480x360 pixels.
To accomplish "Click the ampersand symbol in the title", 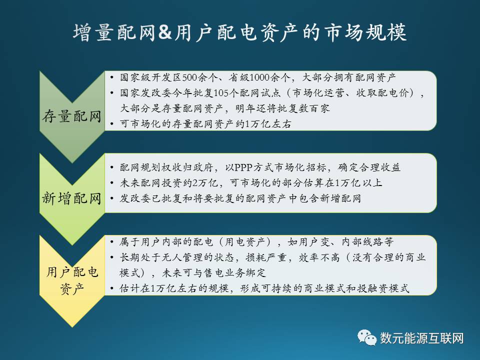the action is [165, 33].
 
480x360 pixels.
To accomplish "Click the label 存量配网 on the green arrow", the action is [72, 116].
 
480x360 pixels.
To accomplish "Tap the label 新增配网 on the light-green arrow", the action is [72, 198].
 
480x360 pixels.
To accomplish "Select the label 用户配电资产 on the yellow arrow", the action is [72, 280].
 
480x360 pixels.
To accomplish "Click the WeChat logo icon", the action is [366, 337].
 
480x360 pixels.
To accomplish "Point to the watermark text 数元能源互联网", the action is [422, 338].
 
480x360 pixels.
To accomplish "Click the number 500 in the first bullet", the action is [189, 77].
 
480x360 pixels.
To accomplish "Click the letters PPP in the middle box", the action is [243, 167].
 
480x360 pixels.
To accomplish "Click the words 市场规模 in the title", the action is [365, 32].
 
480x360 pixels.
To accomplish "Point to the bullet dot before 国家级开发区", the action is [112, 78].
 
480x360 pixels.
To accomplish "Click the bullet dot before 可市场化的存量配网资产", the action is [112, 124].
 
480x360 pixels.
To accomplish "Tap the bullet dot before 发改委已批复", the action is [112, 198].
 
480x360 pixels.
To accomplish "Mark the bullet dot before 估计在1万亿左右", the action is [112, 288].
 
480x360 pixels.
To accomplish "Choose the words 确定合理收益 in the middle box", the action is [369, 167].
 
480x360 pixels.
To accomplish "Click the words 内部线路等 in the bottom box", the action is [367, 242].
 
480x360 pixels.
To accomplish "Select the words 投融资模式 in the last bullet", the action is [383, 288].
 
